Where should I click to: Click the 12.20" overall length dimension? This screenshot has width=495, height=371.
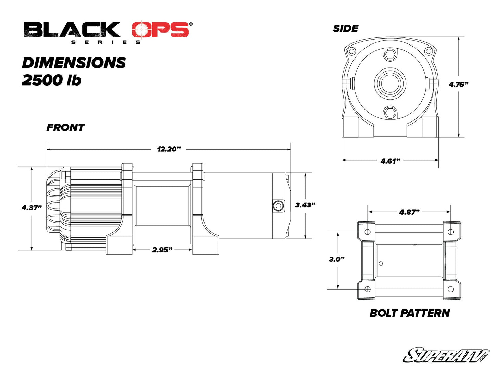[169, 149]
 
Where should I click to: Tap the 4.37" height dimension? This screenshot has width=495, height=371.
[32, 208]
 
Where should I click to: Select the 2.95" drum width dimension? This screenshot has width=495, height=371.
[162, 250]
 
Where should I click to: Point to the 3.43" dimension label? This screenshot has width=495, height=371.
[305, 205]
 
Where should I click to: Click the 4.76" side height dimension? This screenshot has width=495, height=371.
[458, 84]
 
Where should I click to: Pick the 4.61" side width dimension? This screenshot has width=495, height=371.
[390, 161]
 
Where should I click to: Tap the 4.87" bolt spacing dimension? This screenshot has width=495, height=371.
[409, 212]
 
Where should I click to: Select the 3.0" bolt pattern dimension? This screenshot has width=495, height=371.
[336, 259]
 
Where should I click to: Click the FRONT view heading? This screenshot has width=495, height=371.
[65, 128]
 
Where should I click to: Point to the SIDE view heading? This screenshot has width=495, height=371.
[345, 29]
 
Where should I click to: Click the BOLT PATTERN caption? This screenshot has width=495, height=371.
[410, 313]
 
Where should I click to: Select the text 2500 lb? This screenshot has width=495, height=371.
[51, 80]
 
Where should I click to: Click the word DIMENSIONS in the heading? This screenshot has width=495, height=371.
[74, 63]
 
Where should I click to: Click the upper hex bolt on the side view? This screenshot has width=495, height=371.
[390, 54]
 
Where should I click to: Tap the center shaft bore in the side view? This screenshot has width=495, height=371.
[390, 83]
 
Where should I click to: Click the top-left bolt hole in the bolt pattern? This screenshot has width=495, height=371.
[368, 232]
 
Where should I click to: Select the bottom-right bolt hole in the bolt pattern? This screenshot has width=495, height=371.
[450, 289]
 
